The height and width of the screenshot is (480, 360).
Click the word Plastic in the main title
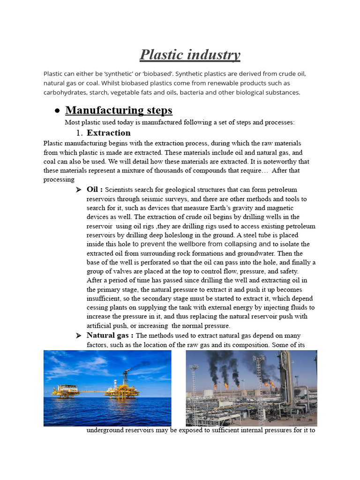pos(162,55)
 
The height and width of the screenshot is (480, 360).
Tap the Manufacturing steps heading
pos(119,110)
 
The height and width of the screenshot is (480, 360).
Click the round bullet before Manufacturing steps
pos(57,111)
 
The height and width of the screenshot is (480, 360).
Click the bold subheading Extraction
pos(109,133)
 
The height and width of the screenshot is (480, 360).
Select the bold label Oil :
pos(95,189)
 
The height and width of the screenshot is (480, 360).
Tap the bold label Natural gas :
pos(110,335)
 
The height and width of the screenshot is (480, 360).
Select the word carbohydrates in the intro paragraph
pos(62,92)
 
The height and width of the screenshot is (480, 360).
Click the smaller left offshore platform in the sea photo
pos(64,390)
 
